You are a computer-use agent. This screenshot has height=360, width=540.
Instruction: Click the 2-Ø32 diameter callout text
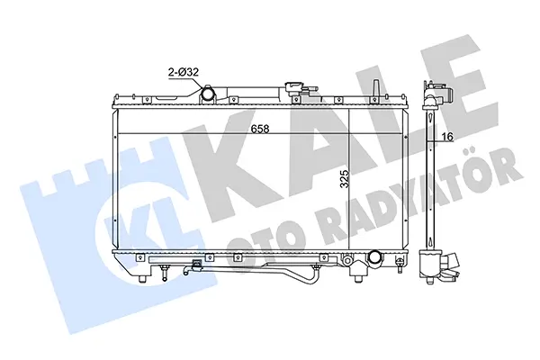pyautogui.click(x=183, y=72)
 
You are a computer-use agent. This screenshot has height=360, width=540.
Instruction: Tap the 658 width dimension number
pyautogui.click(x=260, y=129)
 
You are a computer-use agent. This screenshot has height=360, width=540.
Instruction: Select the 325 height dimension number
pyautogui.click(x=344, y=178)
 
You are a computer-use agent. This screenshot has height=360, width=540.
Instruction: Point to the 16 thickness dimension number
pyautogui.click(x=447, y=137)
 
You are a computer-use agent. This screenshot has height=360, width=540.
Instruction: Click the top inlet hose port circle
pyautogui.click(x=208, y=94)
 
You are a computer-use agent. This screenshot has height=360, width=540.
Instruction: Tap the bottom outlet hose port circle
pyautogui.click(x=374, y=256)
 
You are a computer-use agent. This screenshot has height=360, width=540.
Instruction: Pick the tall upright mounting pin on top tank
pyautogui.click(x=376, y=89)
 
